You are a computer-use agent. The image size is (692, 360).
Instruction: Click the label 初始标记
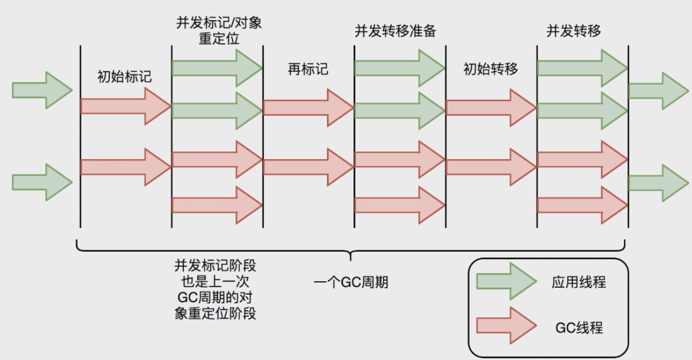pyautogui.click(x=124, y=77)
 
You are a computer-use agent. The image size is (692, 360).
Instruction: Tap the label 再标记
pyautogui.click(x=308, y=69)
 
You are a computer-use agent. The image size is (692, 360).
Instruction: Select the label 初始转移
pyautogui.click(x=490, y=69)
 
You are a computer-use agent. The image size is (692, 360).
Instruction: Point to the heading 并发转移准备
pyautogui.click(x=396, y=31)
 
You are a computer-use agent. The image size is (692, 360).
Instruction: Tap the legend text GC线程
pyautogui.click(x=578, y=326)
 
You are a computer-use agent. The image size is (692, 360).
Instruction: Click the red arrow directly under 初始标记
pyautogui.click(x=124, y=106)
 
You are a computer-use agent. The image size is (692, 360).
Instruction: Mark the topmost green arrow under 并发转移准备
pyautogui.click(x=399, y=68)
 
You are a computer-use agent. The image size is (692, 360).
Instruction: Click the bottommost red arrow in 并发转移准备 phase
pyautogui.click(x=399, y=205)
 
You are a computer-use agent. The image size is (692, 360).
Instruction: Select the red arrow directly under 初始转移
pyautogui.click(x=490, y=108)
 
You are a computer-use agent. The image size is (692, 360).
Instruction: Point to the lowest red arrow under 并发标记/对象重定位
pyautogui.click(x=217, y=205)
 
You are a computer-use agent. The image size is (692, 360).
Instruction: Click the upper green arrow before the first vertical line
pyautogui.click(x=42, y=91)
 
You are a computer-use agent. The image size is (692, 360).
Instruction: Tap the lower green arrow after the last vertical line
pyautogui.click(x=658, y=183)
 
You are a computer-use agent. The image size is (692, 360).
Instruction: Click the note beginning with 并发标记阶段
pyautogui.click(x=215, y=289)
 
